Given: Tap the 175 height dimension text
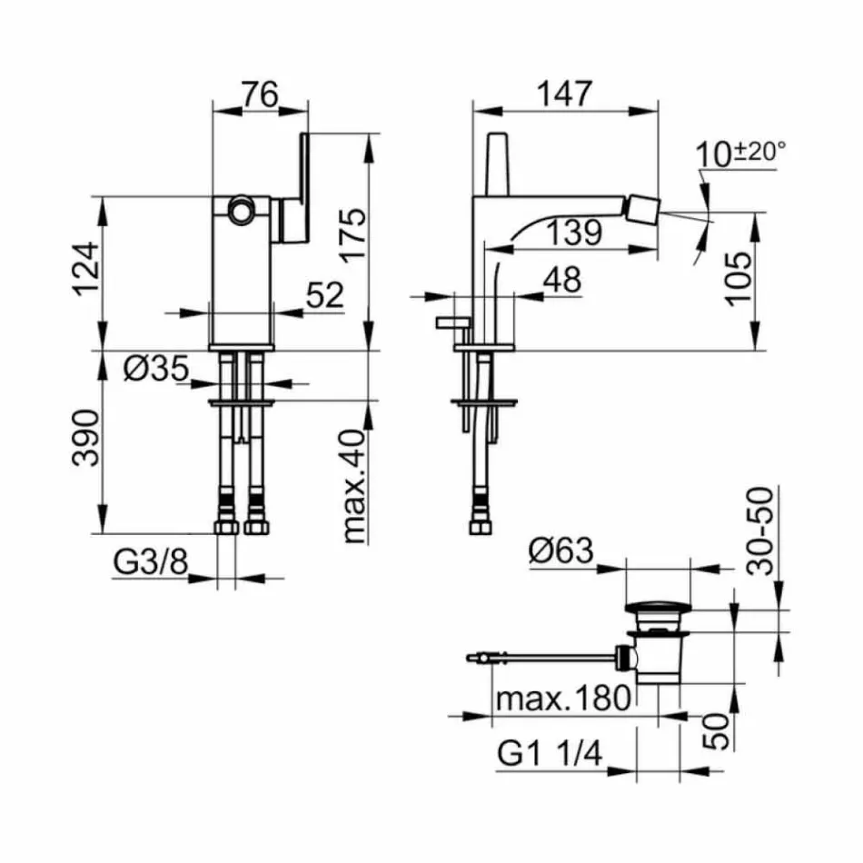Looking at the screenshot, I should point(355,235).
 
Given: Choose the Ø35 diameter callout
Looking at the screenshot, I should point(155,368).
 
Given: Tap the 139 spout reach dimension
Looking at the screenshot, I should point(574,233).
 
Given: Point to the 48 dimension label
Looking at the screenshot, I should point(561,280).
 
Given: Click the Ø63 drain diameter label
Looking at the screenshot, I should point(560,551).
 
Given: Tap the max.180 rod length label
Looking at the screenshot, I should point(563,698).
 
